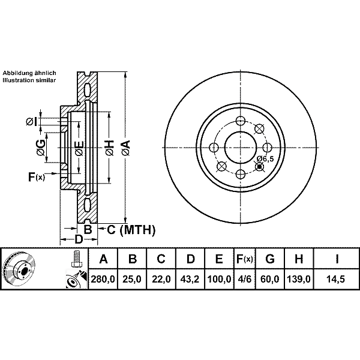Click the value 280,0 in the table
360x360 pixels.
[103, 279]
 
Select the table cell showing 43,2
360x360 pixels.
[190, 279]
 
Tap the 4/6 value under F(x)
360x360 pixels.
[244, 279]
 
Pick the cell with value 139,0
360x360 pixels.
[299, 279]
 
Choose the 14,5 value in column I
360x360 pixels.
[337, 279]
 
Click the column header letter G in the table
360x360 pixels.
[270, 259]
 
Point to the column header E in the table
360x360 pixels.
[219, 259]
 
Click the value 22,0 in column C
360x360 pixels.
[161, 279]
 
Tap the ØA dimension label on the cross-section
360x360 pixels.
[126, 148]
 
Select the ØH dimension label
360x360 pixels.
[110, 148]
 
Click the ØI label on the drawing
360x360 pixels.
[31, 121]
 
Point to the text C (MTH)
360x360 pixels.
[131, 230]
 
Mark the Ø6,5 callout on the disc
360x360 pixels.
[265, 158]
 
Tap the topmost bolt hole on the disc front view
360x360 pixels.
[241, 121]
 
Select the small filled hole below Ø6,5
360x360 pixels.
[260, 166]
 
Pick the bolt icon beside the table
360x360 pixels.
[76, 258]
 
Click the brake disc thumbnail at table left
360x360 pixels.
[19, 268]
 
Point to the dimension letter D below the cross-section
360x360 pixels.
[79, 239]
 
